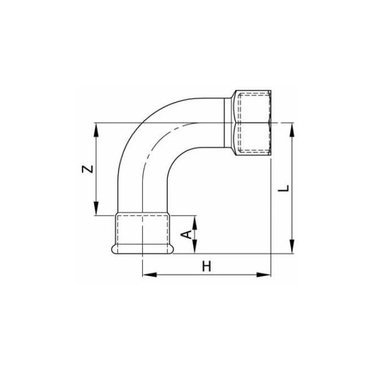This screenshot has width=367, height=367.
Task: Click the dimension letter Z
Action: (x=85, y=169)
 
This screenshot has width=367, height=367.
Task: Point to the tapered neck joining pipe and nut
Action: (x=229, y=123)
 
